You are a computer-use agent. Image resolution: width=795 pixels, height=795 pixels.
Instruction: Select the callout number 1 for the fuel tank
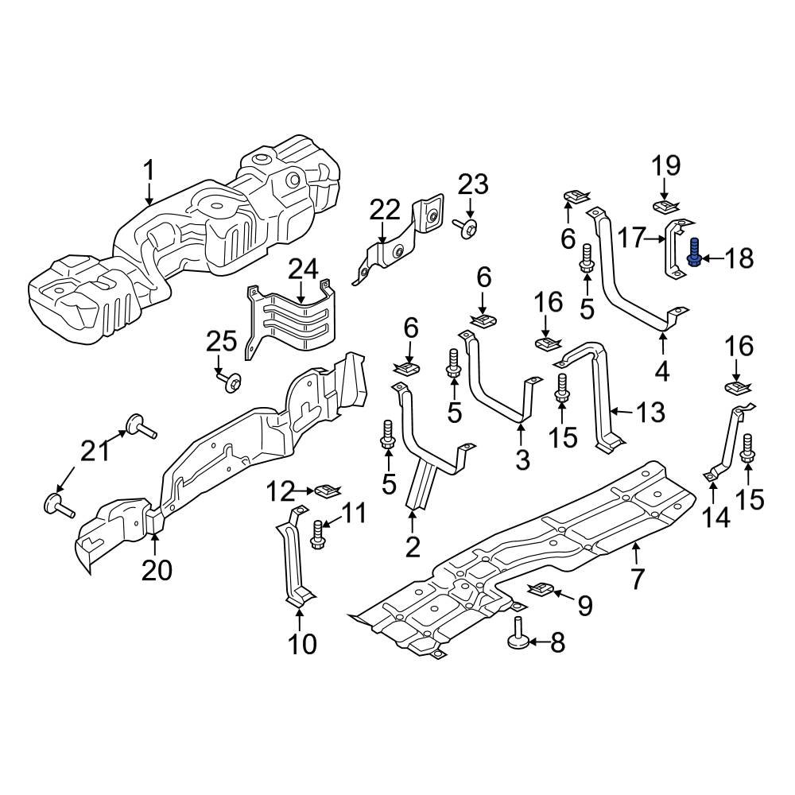click(149, 170)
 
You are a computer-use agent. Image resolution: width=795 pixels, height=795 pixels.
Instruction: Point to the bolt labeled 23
click(468, 229)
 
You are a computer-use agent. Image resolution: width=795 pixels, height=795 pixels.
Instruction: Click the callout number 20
click(156, 570)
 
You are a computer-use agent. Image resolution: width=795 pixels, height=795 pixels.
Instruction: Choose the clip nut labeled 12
click(324, 491)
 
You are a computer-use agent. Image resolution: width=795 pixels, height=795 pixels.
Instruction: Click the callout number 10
click(302, 642)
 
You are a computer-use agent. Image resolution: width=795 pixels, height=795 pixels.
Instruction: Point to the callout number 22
click(386, 211)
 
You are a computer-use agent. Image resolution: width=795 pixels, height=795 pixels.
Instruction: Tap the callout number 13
click(650, 411)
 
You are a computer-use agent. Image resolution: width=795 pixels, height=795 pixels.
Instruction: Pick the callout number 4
click(662, 370)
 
